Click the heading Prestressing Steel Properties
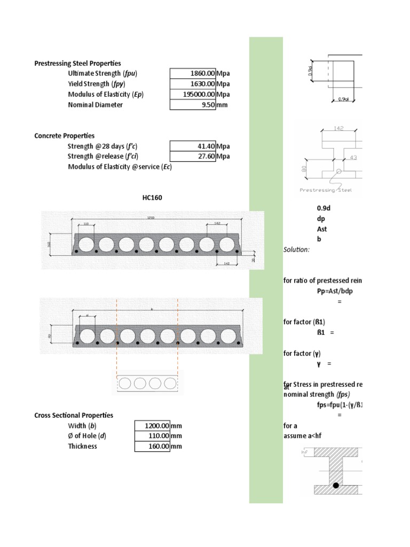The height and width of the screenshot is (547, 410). pos(77,64)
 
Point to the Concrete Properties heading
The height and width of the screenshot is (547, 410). pos(65,136)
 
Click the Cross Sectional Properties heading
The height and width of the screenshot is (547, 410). pos(74,415)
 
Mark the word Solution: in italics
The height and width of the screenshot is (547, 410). pos(296,249)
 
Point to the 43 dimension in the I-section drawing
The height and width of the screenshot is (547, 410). pos(353,158)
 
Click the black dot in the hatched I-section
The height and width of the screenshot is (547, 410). pos(336,486)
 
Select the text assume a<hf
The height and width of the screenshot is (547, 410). pos(303,436)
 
